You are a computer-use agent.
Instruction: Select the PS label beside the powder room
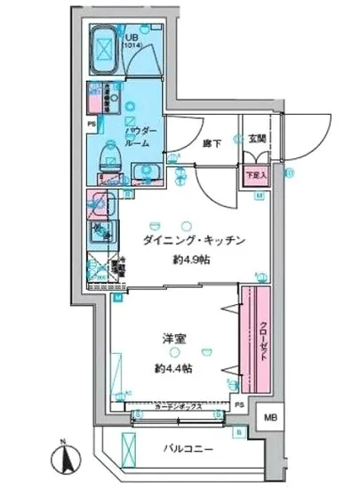92,124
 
